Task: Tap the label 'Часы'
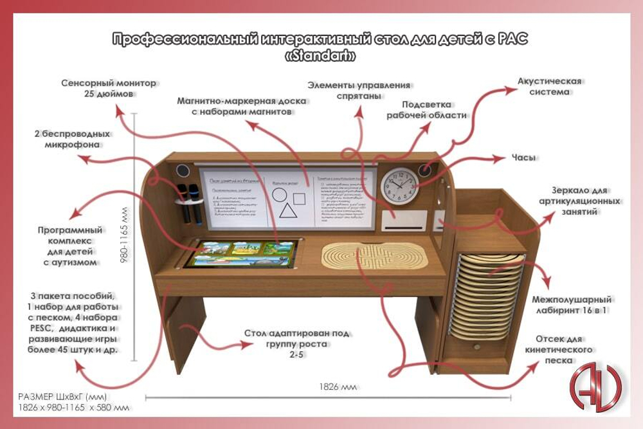coord(523,158)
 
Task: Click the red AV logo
coord(595,385)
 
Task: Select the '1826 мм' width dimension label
coord(338,387)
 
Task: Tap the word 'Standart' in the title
coord(320,57)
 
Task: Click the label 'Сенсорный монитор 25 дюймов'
coord(108,88)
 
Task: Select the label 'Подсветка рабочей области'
coord(427,110)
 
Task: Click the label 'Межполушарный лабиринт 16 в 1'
coord(571,305)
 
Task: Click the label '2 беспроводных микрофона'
coord(72,140)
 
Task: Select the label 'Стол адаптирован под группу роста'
coord(296,343)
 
